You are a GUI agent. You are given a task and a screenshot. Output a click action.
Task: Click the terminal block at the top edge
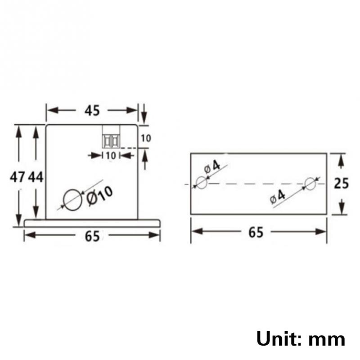click(x=111, y=136)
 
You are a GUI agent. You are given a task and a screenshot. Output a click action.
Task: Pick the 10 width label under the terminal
click(x=111, y=155)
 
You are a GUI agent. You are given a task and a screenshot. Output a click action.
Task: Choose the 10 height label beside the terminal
click(x=146, y=138)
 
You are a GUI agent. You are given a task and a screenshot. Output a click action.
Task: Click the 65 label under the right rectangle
click(x=256, y=233)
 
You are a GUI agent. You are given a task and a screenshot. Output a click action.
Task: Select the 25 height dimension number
click(x=342, y=184)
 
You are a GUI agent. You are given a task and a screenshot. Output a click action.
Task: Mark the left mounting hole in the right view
click(x=201, y=183)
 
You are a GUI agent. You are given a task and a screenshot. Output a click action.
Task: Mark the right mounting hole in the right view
click(x=310, y=183)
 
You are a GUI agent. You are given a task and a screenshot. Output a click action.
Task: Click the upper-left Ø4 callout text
click(x=212, y=167)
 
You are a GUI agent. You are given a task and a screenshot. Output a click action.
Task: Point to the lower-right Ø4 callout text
click(x=278, y=197)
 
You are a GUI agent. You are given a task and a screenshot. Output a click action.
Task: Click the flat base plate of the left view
click(x=92, y=223)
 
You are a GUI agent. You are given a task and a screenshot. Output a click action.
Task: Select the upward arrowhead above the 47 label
click(x=18, y=130)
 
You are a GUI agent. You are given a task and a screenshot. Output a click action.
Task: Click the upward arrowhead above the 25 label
click(x=341, y=158)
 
